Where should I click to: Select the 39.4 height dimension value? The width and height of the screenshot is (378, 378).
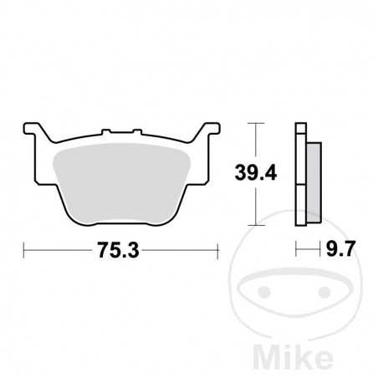click(x=249, y=175)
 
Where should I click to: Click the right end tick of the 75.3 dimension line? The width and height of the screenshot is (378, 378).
click(x=218, y=249)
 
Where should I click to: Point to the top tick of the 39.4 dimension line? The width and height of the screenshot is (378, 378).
click(x=258, y=125)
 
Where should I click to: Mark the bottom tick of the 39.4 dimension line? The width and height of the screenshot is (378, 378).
click(x=258, y=227)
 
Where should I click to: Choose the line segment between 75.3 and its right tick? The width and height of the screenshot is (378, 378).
click(x=180, y=249)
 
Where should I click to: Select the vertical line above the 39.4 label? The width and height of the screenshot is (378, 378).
click(x=258, y=142)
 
